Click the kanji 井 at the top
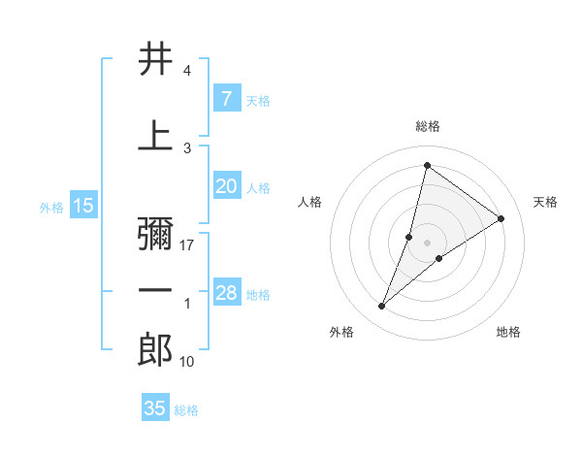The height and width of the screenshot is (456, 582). (155, 59)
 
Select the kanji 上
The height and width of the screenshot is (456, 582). (155, 135)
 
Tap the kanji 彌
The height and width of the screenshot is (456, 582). (155, 233)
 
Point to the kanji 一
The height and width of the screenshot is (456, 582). (155, 292)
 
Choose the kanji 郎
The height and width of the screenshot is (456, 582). (155, 350)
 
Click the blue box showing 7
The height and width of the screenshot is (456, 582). (226, 99)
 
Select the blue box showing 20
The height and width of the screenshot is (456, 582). (226, 187)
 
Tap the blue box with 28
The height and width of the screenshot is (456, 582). (226, 293)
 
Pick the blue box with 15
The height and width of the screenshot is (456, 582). (83, 206)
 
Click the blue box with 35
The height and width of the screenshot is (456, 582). (155, 408)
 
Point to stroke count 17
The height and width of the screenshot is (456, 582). (187, 245)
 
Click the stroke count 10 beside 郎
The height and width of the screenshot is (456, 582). (187, 362)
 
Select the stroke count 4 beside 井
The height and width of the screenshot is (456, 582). (187, 71)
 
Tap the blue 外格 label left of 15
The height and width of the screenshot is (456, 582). (51, 207)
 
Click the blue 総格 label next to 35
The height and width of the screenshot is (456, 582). (186, 410)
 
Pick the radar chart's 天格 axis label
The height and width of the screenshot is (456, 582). (546, 202)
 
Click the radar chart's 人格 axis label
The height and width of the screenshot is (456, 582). (309, 202)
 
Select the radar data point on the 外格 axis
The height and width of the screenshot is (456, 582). (382, 307)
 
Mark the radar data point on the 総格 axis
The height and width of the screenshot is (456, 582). (427, 165)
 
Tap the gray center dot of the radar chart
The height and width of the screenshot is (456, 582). (427, 243)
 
